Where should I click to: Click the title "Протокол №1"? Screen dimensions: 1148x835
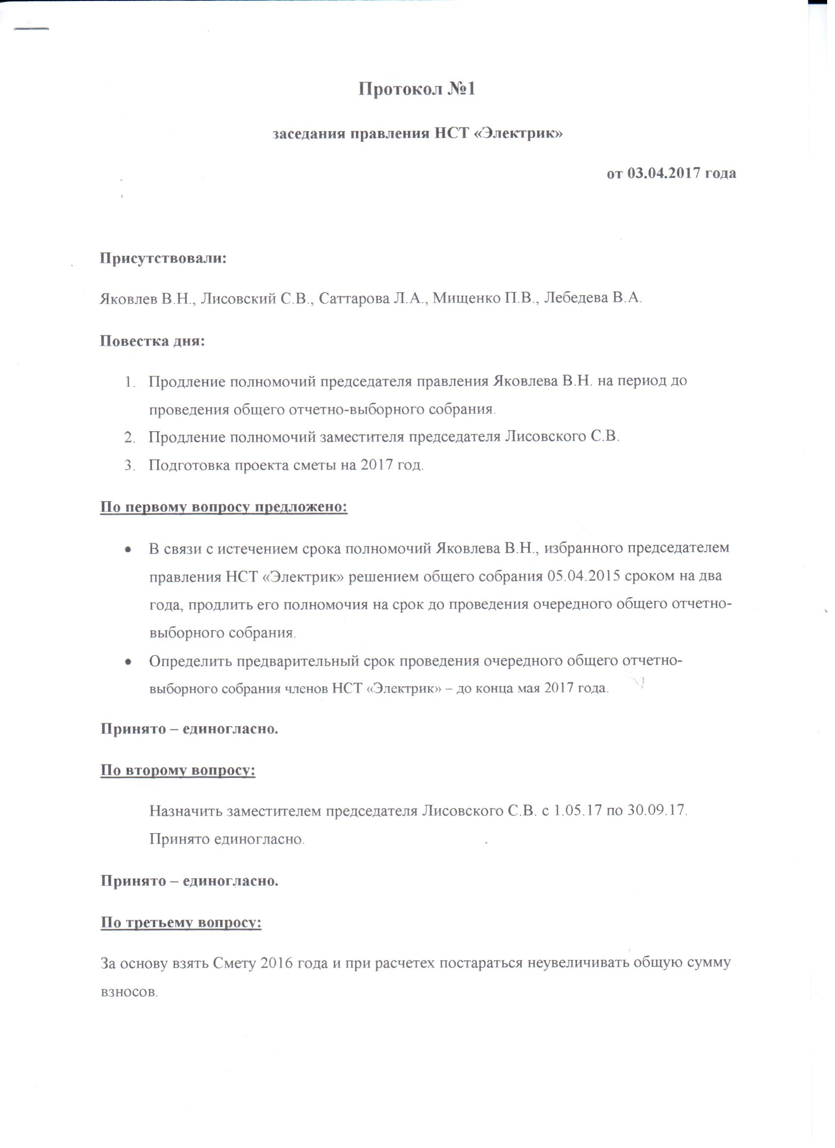pos(417,89)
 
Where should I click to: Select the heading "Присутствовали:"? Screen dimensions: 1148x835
pos(164,258)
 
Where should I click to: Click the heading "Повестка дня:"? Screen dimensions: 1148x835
pos(152,340)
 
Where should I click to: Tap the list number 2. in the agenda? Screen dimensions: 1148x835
pos(130,437)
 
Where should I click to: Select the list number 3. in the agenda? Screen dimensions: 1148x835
pos(130,465)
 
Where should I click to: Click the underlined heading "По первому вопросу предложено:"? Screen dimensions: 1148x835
pos(223,506)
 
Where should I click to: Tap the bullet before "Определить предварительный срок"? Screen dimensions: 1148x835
pos(129,662)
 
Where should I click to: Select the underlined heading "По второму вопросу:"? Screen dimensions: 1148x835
pos(178,771)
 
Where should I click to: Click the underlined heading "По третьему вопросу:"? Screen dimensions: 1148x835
pos(181,923)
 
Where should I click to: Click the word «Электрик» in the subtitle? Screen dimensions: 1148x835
pos(520,134)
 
